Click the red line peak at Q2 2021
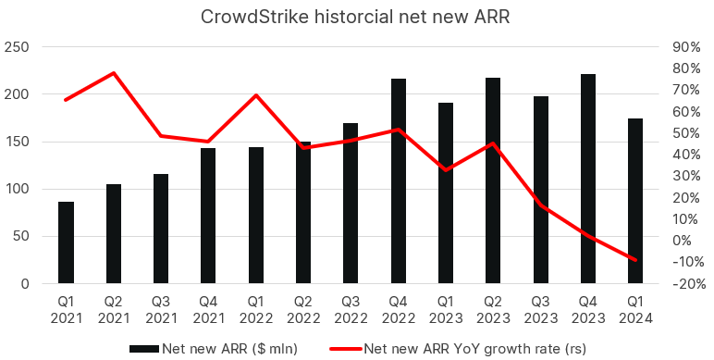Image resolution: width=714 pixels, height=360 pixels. [x=113, y=73]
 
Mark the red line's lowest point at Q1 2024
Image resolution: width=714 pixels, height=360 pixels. [x=635, y=260]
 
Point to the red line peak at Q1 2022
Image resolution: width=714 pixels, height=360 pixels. [x=255, y=95]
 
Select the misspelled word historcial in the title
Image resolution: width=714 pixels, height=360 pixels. [x=352, y=18]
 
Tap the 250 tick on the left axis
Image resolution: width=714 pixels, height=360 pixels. [x=18, y=47]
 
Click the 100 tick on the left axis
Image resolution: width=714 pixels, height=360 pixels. [x=18, y=189]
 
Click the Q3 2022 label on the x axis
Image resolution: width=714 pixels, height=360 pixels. [x=351, y=309]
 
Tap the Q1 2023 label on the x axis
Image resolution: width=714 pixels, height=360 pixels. [x=446, y=309]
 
